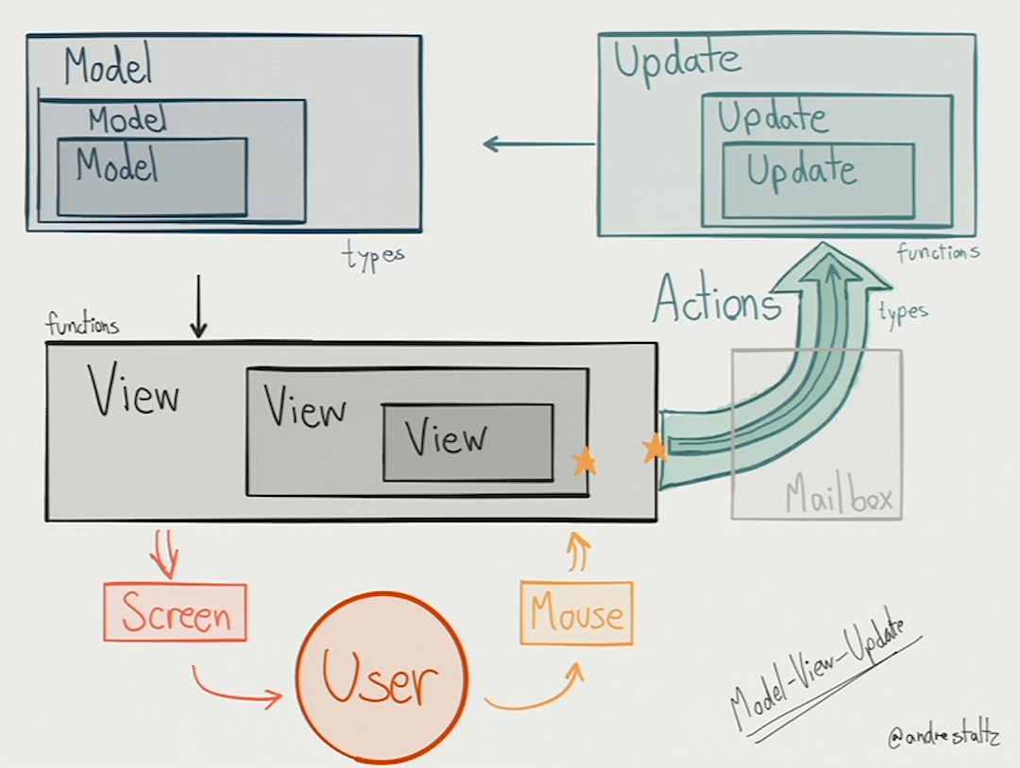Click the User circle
point(381,677)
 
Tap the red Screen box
point(176,613)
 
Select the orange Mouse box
point(577,613)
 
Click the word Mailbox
point(839,498)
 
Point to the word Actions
point(717,301)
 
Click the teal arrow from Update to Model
point(538,145)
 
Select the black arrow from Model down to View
point(197,306)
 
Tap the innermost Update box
point(818,179)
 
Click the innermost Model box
point(152,177)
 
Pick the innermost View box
point(467,442)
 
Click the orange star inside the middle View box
point(585,461)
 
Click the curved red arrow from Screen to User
point(236,690)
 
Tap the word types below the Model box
point(373,256)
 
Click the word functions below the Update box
point(938,252)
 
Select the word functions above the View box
point(82,326)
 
